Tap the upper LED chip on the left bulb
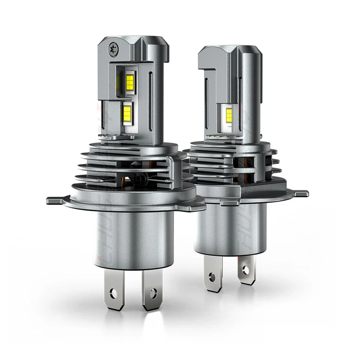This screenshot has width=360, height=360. (130, 82)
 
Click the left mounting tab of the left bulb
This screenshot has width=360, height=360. (55, 200)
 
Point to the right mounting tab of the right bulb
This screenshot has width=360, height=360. (300, 193)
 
